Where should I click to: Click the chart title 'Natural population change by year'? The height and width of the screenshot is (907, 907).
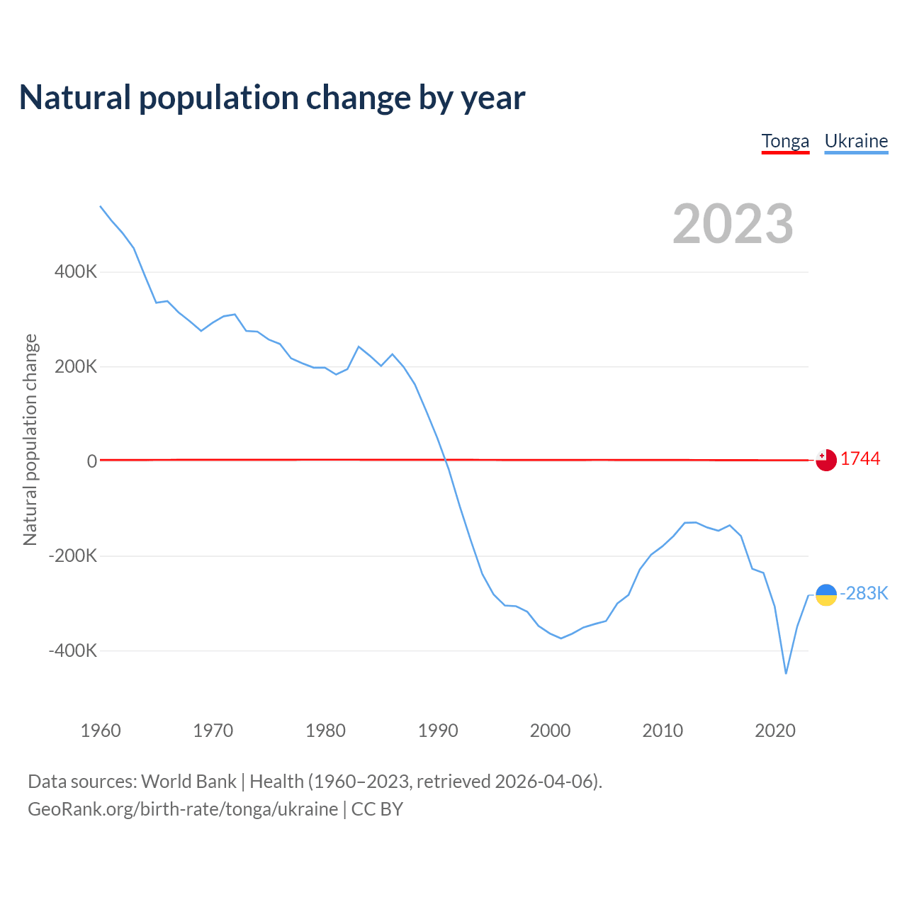click(272, 98)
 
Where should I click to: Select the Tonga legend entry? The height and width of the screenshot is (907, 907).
click(785, 141)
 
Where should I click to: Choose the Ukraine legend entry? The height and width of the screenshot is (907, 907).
click(856, 141)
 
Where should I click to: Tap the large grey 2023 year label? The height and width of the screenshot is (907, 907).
click(733, 224)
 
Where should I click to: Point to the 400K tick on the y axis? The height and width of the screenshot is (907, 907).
click(76, 272)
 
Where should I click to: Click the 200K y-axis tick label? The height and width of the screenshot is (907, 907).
click(76, 367)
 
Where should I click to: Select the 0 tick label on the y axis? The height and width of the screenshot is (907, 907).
click(92, 461)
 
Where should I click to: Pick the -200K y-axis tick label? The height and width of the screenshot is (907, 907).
click(73, 556)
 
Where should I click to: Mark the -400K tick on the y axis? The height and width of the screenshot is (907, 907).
click(73, 650)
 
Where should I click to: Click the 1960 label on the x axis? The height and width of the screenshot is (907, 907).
click(101, 731)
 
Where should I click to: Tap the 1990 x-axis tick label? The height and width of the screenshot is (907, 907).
click(438, 731)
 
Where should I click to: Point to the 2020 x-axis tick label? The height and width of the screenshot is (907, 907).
click(775, 731)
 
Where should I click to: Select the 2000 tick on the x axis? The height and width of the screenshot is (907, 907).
click(551, 731)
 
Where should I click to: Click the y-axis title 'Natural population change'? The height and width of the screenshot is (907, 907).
click(30, 440)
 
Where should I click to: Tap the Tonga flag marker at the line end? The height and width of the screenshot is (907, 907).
click(826, 461)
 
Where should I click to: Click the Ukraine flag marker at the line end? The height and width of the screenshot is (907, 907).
click(826, 595)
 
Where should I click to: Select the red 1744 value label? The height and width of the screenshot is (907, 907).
click(860, 459)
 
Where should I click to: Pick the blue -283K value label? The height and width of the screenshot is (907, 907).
click(864, 594)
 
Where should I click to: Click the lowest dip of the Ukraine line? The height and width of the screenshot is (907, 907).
click(786, 673)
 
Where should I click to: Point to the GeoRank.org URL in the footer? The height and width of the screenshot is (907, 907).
click(183, 809)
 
